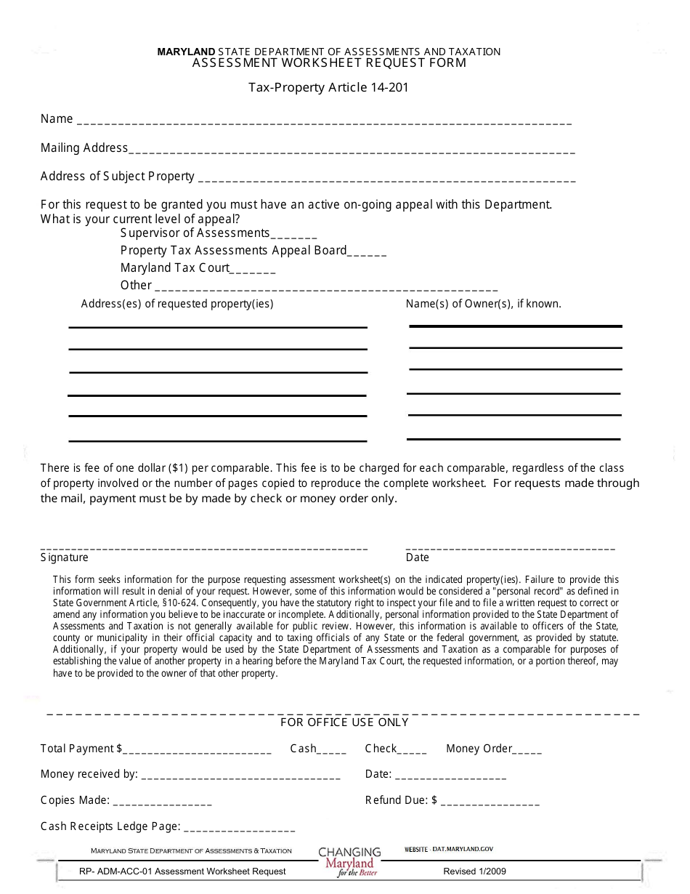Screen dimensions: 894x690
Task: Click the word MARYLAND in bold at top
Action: (x=187, y=52)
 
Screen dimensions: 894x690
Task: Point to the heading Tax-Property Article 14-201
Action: (x=328, y=88)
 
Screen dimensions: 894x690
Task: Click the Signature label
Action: (x=65, y=557)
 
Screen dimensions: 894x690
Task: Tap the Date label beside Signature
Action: (x=417, y=557)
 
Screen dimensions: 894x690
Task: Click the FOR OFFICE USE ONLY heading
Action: (x=344, y=722)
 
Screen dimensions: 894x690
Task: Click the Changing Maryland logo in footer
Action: (x=349, y=861)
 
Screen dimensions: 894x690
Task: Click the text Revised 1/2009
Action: (x=474, y=871)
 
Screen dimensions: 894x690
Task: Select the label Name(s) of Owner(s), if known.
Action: (x=483, y=304)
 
